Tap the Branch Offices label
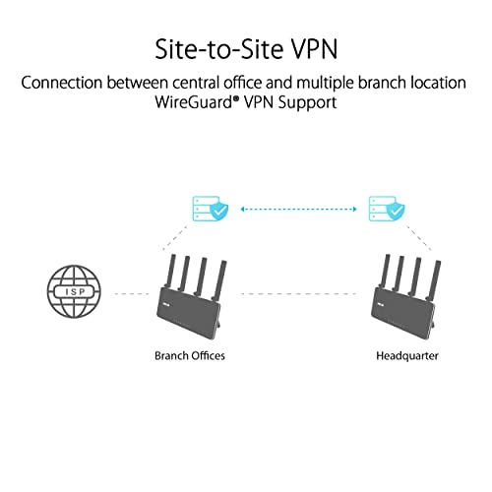(191, 355)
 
